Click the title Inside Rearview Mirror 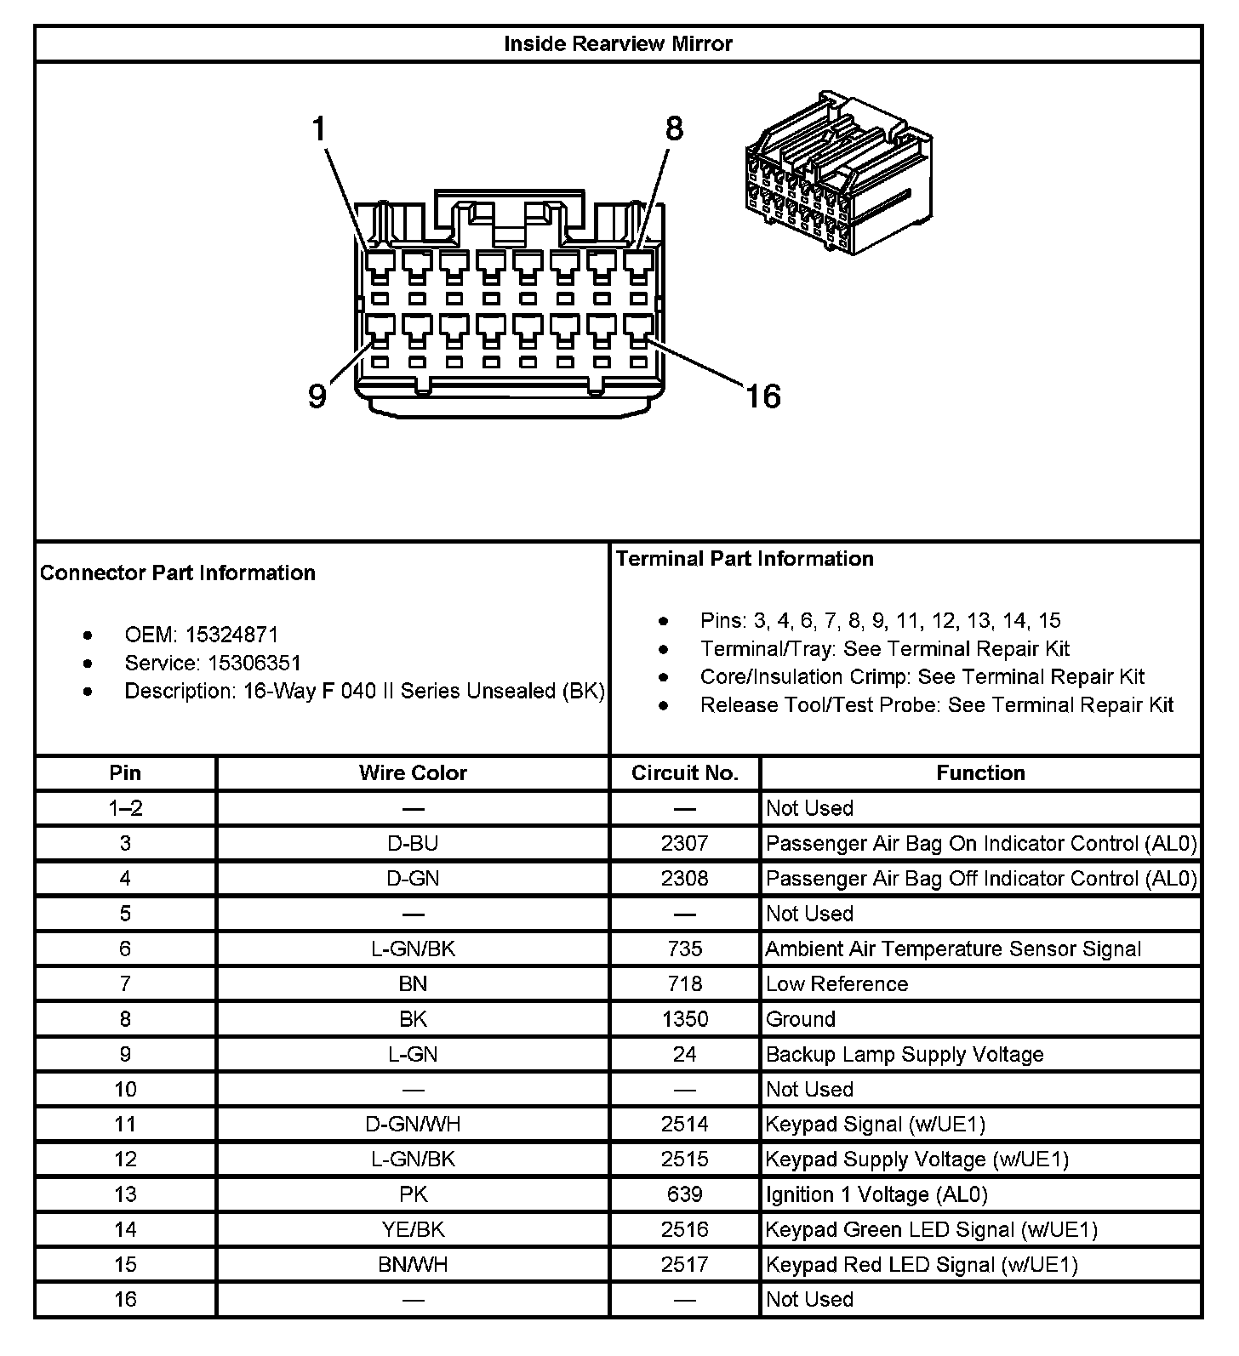coord(618,44)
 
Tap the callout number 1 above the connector coord(319,129)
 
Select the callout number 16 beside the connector coord(762,396)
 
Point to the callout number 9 coord(317,396)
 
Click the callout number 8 coord(674,129)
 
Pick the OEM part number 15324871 coord(231,635)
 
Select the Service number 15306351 coord(254,663)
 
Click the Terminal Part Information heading coord(745,559)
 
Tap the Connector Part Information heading coord(178,573)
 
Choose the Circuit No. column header coord(684,773)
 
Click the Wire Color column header coord(413,773)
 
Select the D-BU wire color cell coord(413,843)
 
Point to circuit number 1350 coord(684,1019)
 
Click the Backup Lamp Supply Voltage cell coord(904,1055)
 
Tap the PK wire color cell coord(413,1194)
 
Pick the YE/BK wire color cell coord(413,1229)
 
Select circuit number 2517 coord(684,1265)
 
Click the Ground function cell coord(800,1019)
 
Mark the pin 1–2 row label coord(125,808)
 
